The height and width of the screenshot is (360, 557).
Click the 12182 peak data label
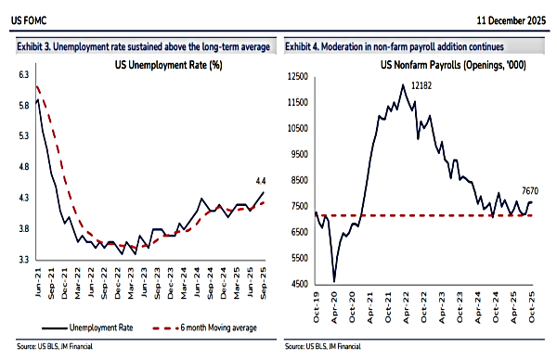coord(423,85)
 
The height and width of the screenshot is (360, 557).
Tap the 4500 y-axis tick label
coord(299,284)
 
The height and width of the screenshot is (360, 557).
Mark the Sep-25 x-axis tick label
coord(264,280)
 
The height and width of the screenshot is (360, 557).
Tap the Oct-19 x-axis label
coord(317,304)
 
